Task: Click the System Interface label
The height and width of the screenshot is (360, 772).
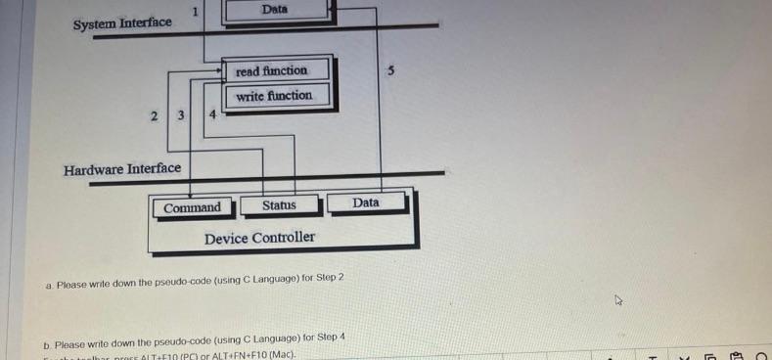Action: tap(122, 22)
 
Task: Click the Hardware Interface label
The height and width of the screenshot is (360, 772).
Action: tap(122, 169)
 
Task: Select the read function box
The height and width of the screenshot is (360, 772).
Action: tap(271, 70)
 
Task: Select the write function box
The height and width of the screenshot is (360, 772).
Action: tap(274, 96)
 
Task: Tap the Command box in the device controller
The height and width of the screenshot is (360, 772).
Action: tap(192, 207)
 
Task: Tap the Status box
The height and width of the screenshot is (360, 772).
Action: tap(279, 205)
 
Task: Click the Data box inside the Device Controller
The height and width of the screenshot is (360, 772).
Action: tap(365, 202)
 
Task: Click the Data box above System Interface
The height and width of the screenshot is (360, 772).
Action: tap(275, 10)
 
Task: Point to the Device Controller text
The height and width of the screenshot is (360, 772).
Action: tap(259, 238)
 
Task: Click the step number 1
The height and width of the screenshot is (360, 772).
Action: tap(196, 12)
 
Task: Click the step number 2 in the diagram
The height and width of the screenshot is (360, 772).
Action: tap(154, 115)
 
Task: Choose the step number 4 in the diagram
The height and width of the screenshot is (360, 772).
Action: tap(213, 115)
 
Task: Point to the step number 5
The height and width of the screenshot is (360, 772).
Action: tap(390, 70)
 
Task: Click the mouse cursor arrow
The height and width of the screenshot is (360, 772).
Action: tap(618, 301)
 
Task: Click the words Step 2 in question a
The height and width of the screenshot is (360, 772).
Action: tap(328, 278)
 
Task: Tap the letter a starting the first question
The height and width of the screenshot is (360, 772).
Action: tap(48, 286)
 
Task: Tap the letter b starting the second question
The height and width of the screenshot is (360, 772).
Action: tap(47, 344)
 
